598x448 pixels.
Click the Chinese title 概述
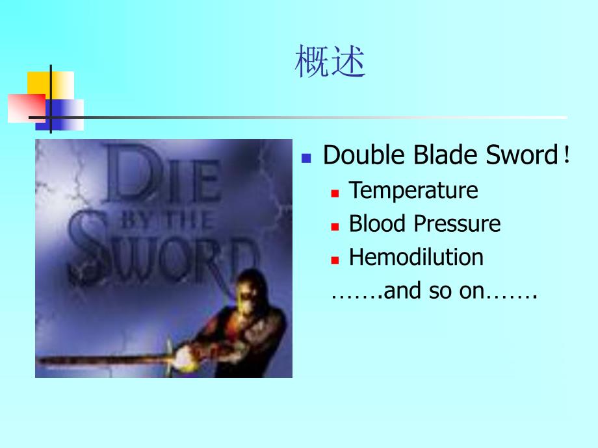(x=330, y=62)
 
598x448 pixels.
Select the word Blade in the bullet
(x=441, y=156)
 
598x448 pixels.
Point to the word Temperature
(x=413, y=190)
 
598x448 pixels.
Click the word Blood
(x=377, y=223)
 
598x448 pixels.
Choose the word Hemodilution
(x=416, y=257)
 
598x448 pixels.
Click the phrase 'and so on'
(x=434, y=292)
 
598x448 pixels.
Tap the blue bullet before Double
(x=307, y=158)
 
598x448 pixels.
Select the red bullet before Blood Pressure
(x=335, y=226)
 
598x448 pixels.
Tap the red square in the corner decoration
(x=26, y=108)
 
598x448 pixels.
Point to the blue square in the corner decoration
(x=65, y=114)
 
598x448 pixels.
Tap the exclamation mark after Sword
(x=567, y=156)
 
